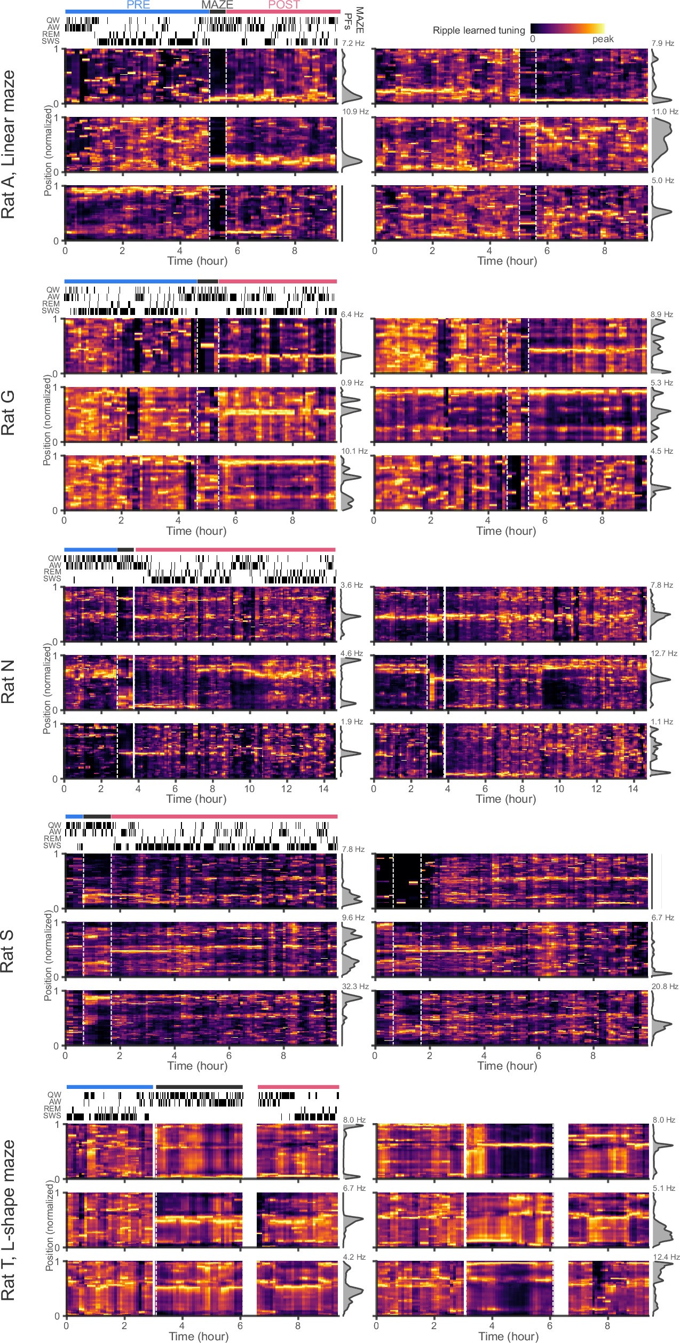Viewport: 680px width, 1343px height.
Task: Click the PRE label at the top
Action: (x=138, y=5)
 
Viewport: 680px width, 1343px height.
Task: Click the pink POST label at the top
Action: (x=283, y=5)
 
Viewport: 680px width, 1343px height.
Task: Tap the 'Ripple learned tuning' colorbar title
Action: (x=478, y=30)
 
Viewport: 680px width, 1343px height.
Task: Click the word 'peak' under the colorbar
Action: (x=603, y=39)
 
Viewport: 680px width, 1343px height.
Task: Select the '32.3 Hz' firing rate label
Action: (x=354, y=986)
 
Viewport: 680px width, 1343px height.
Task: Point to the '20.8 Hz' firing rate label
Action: (x=665, y=986)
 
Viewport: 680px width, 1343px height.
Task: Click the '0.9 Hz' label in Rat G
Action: (x=352, y=383)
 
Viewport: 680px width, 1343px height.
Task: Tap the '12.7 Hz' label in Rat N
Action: (x=664, y=653)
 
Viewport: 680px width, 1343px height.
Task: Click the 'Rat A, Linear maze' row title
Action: (x=8, y=144)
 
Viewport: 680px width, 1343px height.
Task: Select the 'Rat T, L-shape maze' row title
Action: (x=8, y=1220)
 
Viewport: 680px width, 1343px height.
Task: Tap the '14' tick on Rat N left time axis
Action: (x=323, y=788)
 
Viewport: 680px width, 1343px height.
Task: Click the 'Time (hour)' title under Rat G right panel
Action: (x=505, y=531)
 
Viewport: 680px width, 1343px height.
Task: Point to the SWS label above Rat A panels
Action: (x=51, y=41)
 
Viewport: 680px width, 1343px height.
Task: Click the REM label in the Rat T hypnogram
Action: (x=52, y=1108)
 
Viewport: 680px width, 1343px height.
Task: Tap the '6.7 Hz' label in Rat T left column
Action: (x=354, y=1188)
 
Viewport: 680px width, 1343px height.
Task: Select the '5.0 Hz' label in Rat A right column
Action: (x=662, y=180)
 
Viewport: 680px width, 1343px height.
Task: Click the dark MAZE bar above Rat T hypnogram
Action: (x=199, y=1087)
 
